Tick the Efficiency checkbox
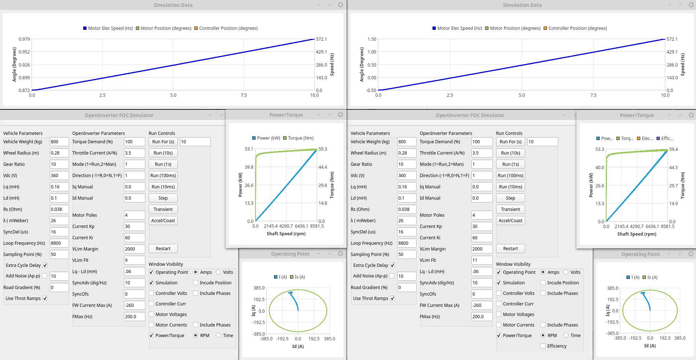coord(543,346)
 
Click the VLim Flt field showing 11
coord(482,260)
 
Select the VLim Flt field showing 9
coord(134,260)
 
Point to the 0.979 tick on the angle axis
coord(24,39)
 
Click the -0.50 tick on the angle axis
coord(371,90)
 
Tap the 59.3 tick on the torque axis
coord(323,149)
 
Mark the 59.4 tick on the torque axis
coord(673,149)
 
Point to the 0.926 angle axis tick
coord(24,65)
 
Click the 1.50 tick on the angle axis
coord(372,39)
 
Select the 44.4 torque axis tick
coord(323,167)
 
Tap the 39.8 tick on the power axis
coord(249,167)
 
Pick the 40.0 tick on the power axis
coord(600,168)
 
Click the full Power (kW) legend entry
coord(266,138)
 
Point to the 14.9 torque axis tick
coord(673,204)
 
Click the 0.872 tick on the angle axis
coord(24,90)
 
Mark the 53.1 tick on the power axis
coord(249,149)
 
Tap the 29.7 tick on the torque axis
coord(673,186)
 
